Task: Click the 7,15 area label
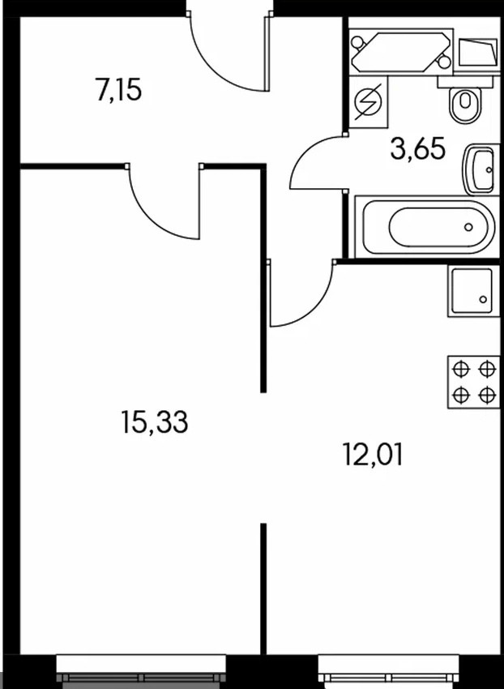tap(119, 89)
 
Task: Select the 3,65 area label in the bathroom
tap(417, 149)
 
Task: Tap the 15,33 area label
tap(154, 422)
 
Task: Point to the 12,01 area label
tap(372, 454)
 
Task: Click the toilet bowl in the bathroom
tap(464, 104)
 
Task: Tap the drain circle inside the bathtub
tap(468, 228)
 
